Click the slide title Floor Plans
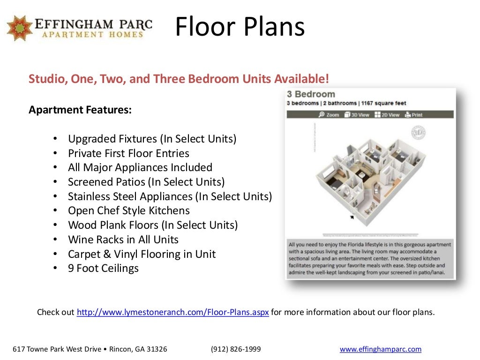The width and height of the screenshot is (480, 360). (240, 27)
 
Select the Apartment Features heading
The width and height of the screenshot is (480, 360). (80, 110)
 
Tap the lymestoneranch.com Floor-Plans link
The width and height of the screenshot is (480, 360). (172, 312)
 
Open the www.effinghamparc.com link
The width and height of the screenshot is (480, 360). (380, 349)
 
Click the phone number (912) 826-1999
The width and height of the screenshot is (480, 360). (236, 349)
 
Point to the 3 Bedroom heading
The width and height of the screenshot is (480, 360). (311, 94)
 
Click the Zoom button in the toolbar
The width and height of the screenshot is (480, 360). (329, 115)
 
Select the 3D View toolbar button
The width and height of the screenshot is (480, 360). (357, 115)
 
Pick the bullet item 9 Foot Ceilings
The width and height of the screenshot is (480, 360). (103, 269)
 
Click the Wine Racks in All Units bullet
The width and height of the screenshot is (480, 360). (123, 240)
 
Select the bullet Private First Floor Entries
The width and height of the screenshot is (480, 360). (128, 153)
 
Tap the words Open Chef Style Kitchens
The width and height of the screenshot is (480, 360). (129, 210)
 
